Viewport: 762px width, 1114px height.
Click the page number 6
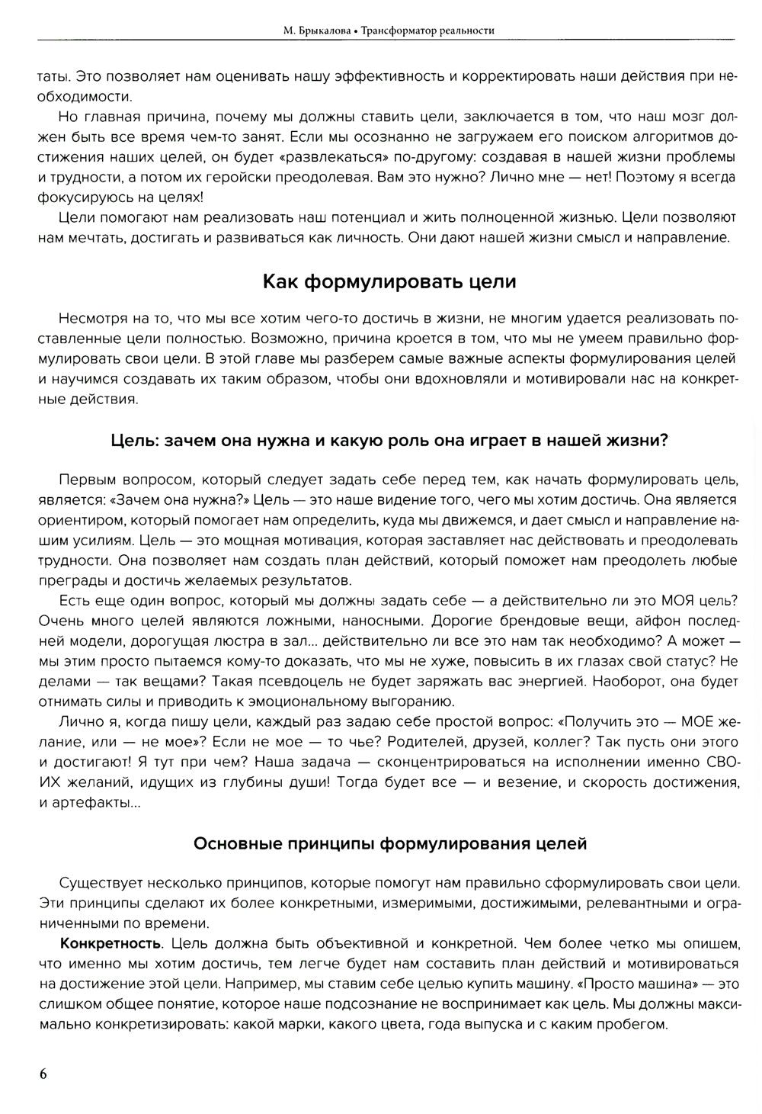(x=43, y=1074)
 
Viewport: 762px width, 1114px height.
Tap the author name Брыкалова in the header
(x=321, y=30)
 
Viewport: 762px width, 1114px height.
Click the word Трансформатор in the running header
(x=394, y=30)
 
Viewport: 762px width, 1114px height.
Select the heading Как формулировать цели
(x=389, y=281)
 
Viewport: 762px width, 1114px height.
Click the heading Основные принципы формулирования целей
(x=389, y=843)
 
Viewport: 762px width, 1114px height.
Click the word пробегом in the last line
(x=636, y=1024)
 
